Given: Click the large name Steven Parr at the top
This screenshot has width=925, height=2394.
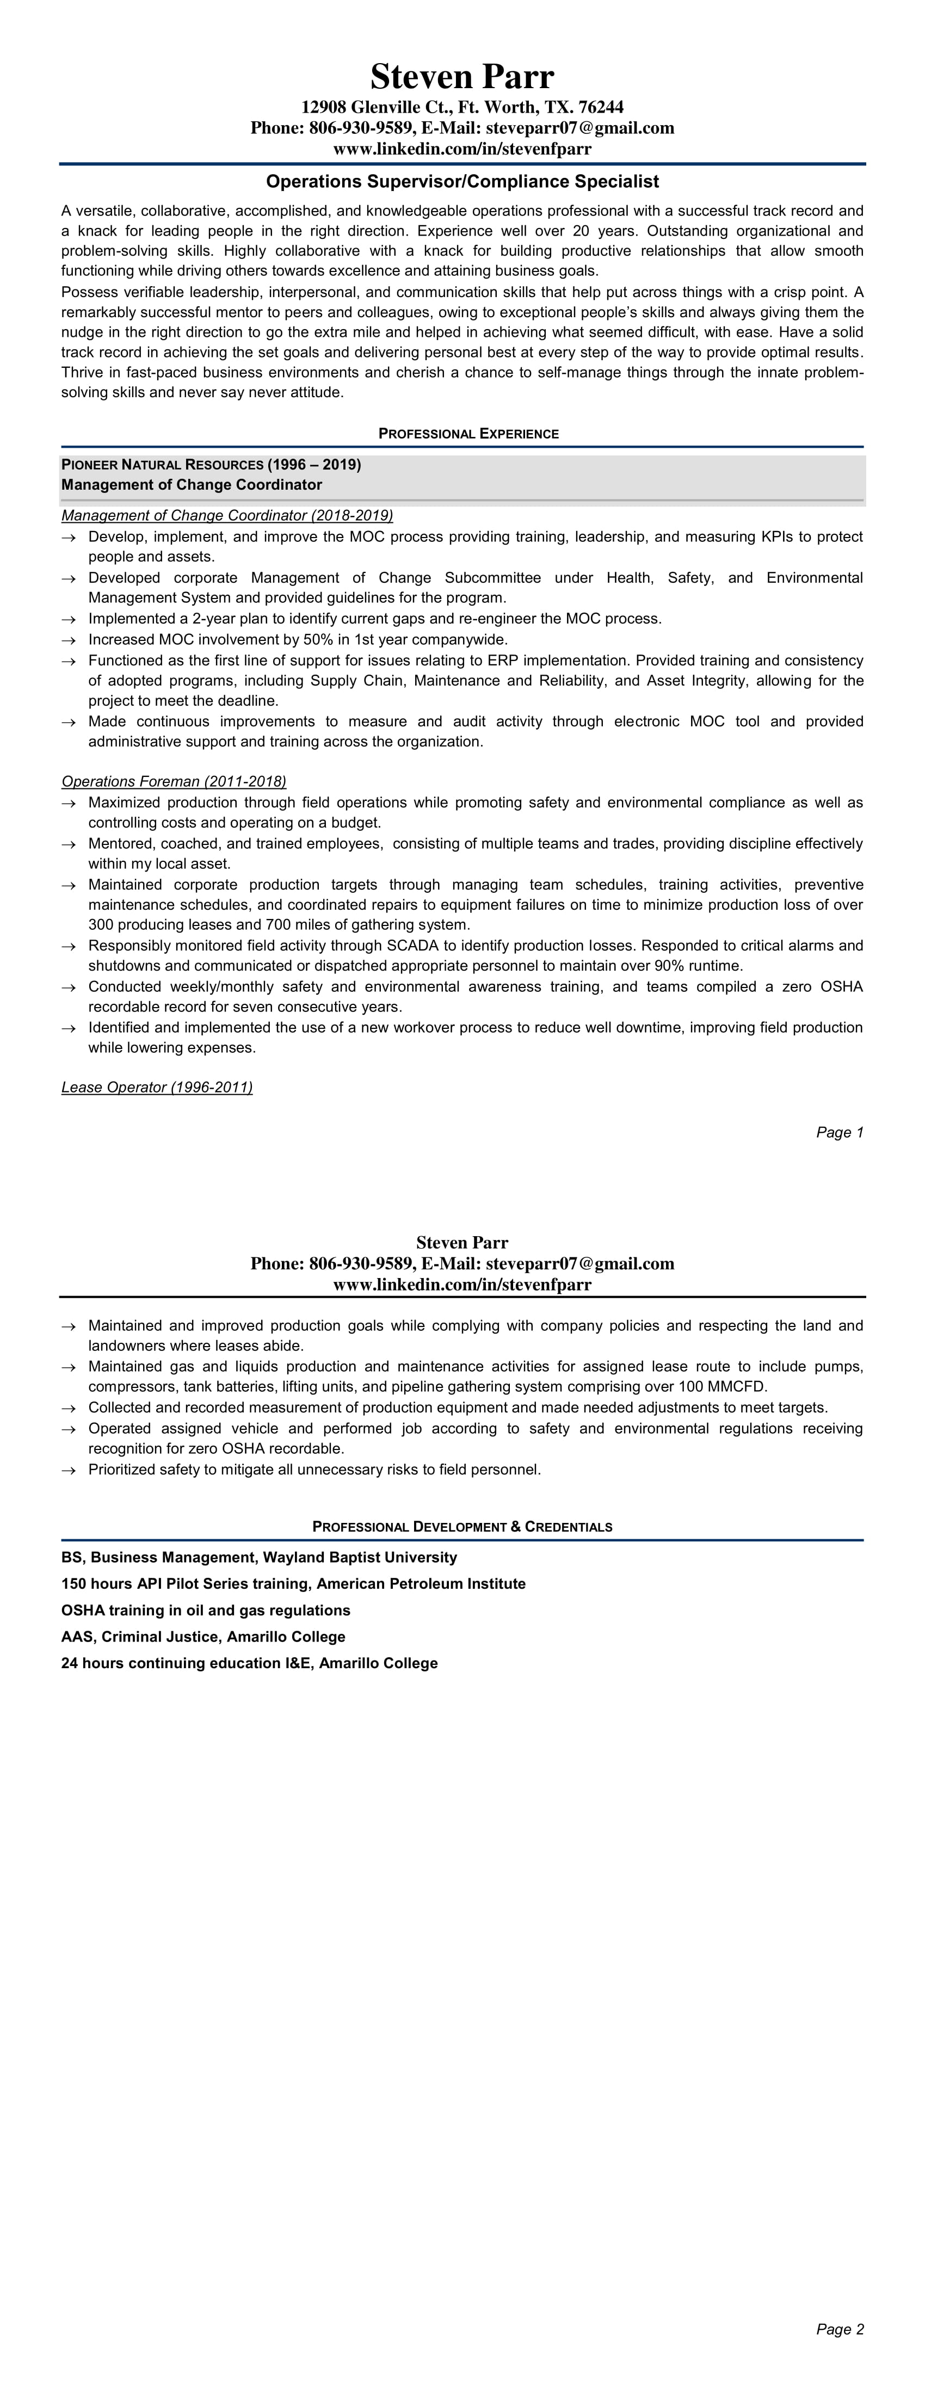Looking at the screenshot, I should (462, 76).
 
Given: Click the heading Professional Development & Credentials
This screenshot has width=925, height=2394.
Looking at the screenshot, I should (462, 1527).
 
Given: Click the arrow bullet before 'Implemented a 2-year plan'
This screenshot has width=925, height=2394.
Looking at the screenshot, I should (68, 620).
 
